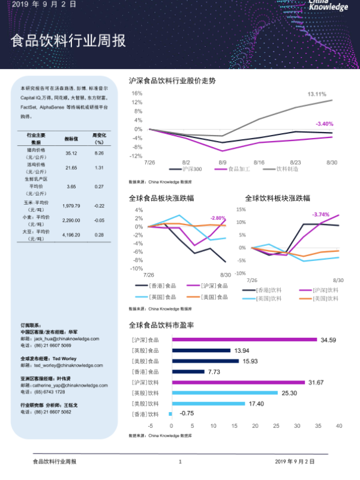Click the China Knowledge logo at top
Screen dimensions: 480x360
click(x=328, y=5)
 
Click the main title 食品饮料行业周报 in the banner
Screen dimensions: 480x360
click(x=68, y=41)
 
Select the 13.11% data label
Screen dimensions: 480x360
click(x=317, y=94)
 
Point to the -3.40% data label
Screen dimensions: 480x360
click(x=324, y=124)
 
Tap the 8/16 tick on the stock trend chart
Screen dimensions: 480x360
click(x=259, y=162)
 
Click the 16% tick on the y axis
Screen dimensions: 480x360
click(x=137, y=94)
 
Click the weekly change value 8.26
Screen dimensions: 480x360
click(x=99, y=154)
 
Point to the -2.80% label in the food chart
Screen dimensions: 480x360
click(x=217, y=218)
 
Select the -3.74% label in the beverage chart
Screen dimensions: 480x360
click(x=321, y=214)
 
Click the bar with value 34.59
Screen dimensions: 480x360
click(x=245, y=340)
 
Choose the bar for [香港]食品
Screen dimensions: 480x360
click(x=188, y=371)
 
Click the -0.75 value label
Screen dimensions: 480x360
click(x=187, y=413)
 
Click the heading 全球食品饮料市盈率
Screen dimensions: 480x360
click(x=161, y=325)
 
